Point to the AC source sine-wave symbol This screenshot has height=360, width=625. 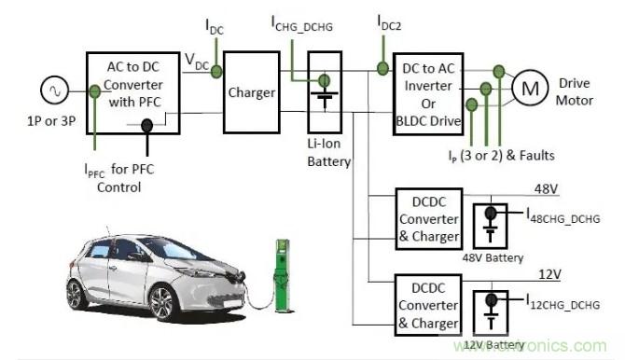(x=51, y=91)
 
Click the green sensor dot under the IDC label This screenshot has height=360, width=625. (x=215, y=71)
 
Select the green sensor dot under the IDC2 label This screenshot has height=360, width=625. (x=382, y=67)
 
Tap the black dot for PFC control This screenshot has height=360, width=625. (x=146, y=146)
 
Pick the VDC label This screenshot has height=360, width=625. (x=197, y=60)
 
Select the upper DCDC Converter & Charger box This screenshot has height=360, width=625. (x=427, y=220)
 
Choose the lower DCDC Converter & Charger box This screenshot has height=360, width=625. (x=427, y=305)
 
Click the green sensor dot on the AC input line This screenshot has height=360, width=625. (x=94, y=91)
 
